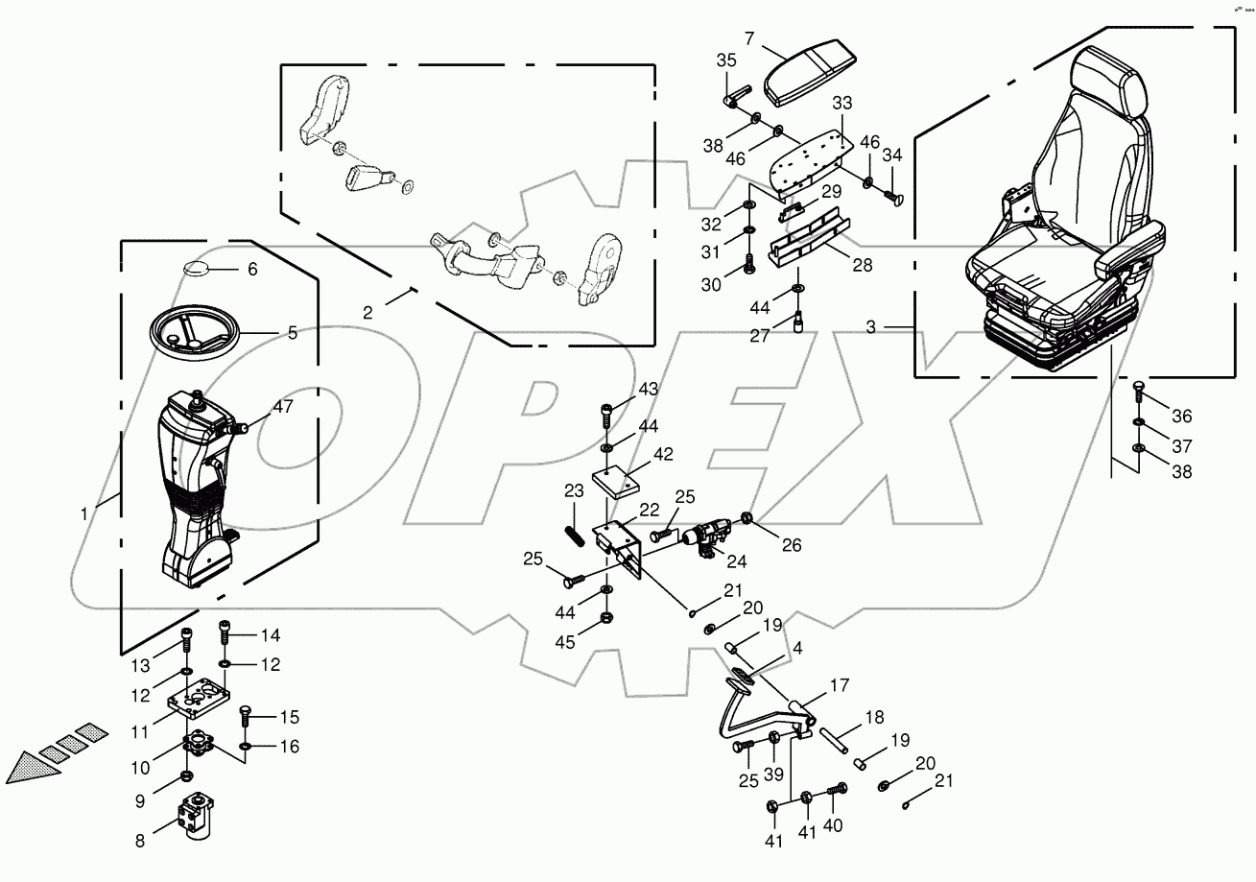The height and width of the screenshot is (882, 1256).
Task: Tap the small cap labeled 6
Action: click(200, 268)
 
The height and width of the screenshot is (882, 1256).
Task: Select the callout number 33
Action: click(841, 102)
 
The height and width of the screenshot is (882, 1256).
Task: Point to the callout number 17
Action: click(840, 685)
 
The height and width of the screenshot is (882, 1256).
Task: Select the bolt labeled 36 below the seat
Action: click(1138, 391)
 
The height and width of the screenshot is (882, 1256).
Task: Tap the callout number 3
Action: click(871, 327)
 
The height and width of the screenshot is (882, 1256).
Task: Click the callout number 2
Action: click(367, 312)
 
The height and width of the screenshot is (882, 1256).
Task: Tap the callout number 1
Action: click(84, 513)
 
